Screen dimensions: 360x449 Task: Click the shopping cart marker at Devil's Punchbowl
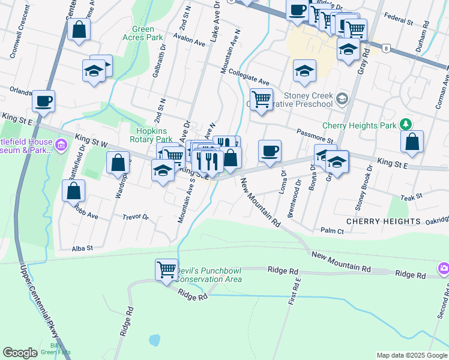(x=166, y=269)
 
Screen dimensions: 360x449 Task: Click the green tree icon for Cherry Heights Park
(x=407, y=124)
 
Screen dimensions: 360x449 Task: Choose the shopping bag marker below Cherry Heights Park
(x=412, y=142)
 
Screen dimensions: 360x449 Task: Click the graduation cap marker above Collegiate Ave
(x=304, y=71)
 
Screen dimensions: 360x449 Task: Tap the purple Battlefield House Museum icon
(x=61, y=145)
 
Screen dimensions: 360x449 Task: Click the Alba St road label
(x=82, y=248)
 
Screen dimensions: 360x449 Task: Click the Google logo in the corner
(x=20, y=353)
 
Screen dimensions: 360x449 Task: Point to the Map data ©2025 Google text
(x=412, y=355)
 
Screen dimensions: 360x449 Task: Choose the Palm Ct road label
(x=332, y=231)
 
